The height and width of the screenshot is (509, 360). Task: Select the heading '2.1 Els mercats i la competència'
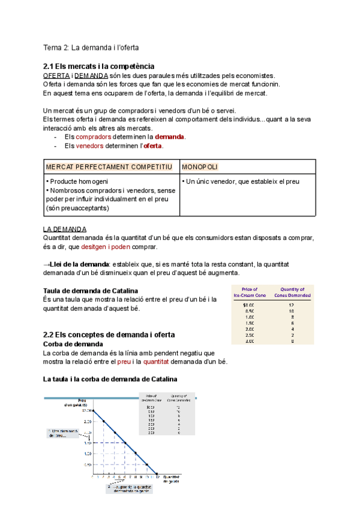pyautogui.click(x=99, y=65)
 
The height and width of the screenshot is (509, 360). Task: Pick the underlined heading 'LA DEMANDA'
pyautogui.click(x=65, y=229)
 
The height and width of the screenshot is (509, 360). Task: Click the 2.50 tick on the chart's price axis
pyautogui.click(x=87, y=422)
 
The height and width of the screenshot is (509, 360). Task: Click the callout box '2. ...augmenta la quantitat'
pyautogui.click(x=130, y=488)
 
